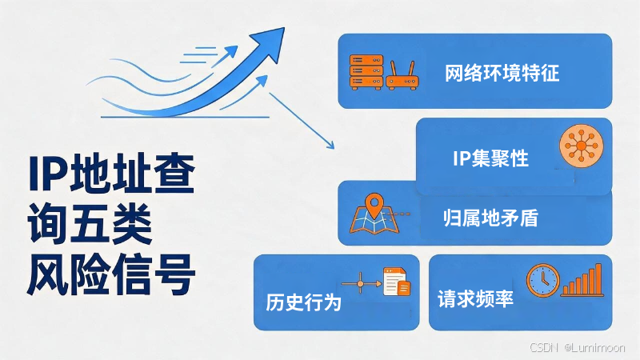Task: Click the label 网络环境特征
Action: [x=502, y=73]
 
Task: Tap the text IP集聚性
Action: [x=490, y=158]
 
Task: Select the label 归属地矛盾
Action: [x=490, y=218]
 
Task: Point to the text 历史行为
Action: [x=303, y=302]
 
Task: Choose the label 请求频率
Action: [x=475, y=298]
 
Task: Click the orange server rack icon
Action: [x=366, y=72]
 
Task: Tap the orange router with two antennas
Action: [x=402, y=75]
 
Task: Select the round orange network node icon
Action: [x=582, y=146]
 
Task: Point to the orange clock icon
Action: [x=543, y=281]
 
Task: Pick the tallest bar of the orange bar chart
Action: [x=598, y=279]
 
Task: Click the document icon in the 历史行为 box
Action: [x=396, y=282]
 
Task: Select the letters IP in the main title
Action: [x=48, y=174]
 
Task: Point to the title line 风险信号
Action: [x=111, y=274]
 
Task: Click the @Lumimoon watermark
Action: [x=594, y=347]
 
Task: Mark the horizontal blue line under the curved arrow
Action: [x=185, y=117]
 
